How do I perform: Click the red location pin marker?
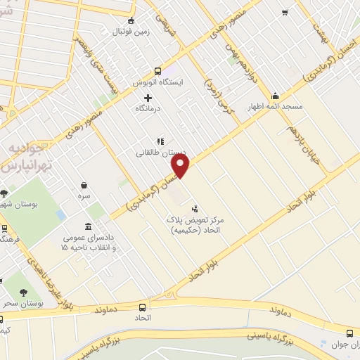point(181,167)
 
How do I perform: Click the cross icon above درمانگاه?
point(147,98)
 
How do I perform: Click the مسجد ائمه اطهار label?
point(274,108)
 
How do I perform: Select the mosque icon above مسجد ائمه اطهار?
point(275,96)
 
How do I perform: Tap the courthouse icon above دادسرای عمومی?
point(87,226)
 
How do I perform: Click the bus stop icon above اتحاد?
point(143,307)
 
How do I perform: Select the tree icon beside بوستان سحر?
point(25,292)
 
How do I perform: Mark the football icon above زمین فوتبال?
point(134,20)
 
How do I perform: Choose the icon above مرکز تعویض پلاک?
point(195,208)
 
